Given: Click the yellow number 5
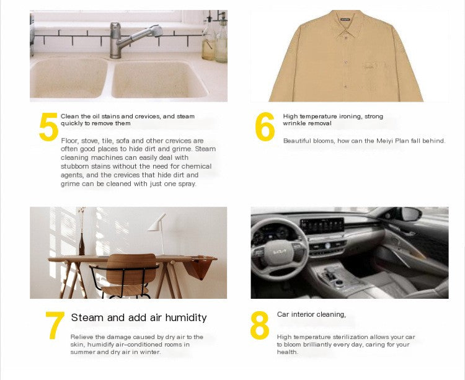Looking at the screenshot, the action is point(48,126).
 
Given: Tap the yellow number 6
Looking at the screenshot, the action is point(265,126).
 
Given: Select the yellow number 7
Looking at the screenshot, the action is point(55,325).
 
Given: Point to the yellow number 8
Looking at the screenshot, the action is point(260,325).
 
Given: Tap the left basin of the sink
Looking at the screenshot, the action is point(69,78).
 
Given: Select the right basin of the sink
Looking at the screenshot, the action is point(159,79).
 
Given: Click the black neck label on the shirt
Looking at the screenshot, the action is point(345,20).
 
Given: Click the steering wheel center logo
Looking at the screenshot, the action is point(280,252).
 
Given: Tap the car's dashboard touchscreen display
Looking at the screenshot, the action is point(322,226).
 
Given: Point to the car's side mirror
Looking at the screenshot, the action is point(410,213).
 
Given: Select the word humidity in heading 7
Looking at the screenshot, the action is point(185,318).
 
